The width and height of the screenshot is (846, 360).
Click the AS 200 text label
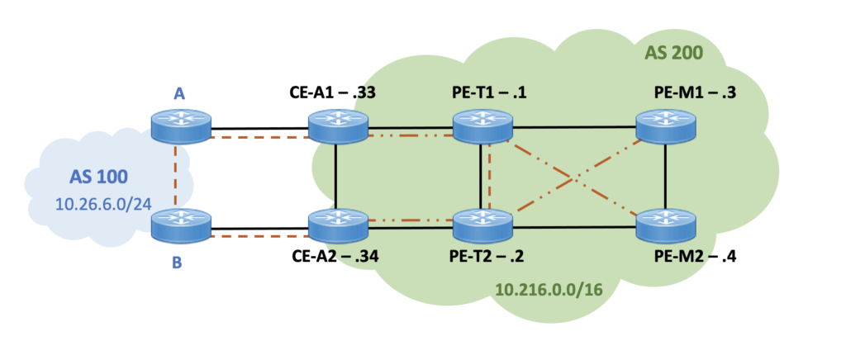pyautogui.click(x=673, y=54)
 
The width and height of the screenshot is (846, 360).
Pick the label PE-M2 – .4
pyautogui.click(x=686, y=257)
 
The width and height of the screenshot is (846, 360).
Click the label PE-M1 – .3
pyautogui.click(x=686, y=92)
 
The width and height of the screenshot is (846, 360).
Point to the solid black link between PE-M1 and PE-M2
pyautogui.click(x=666, y=175)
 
